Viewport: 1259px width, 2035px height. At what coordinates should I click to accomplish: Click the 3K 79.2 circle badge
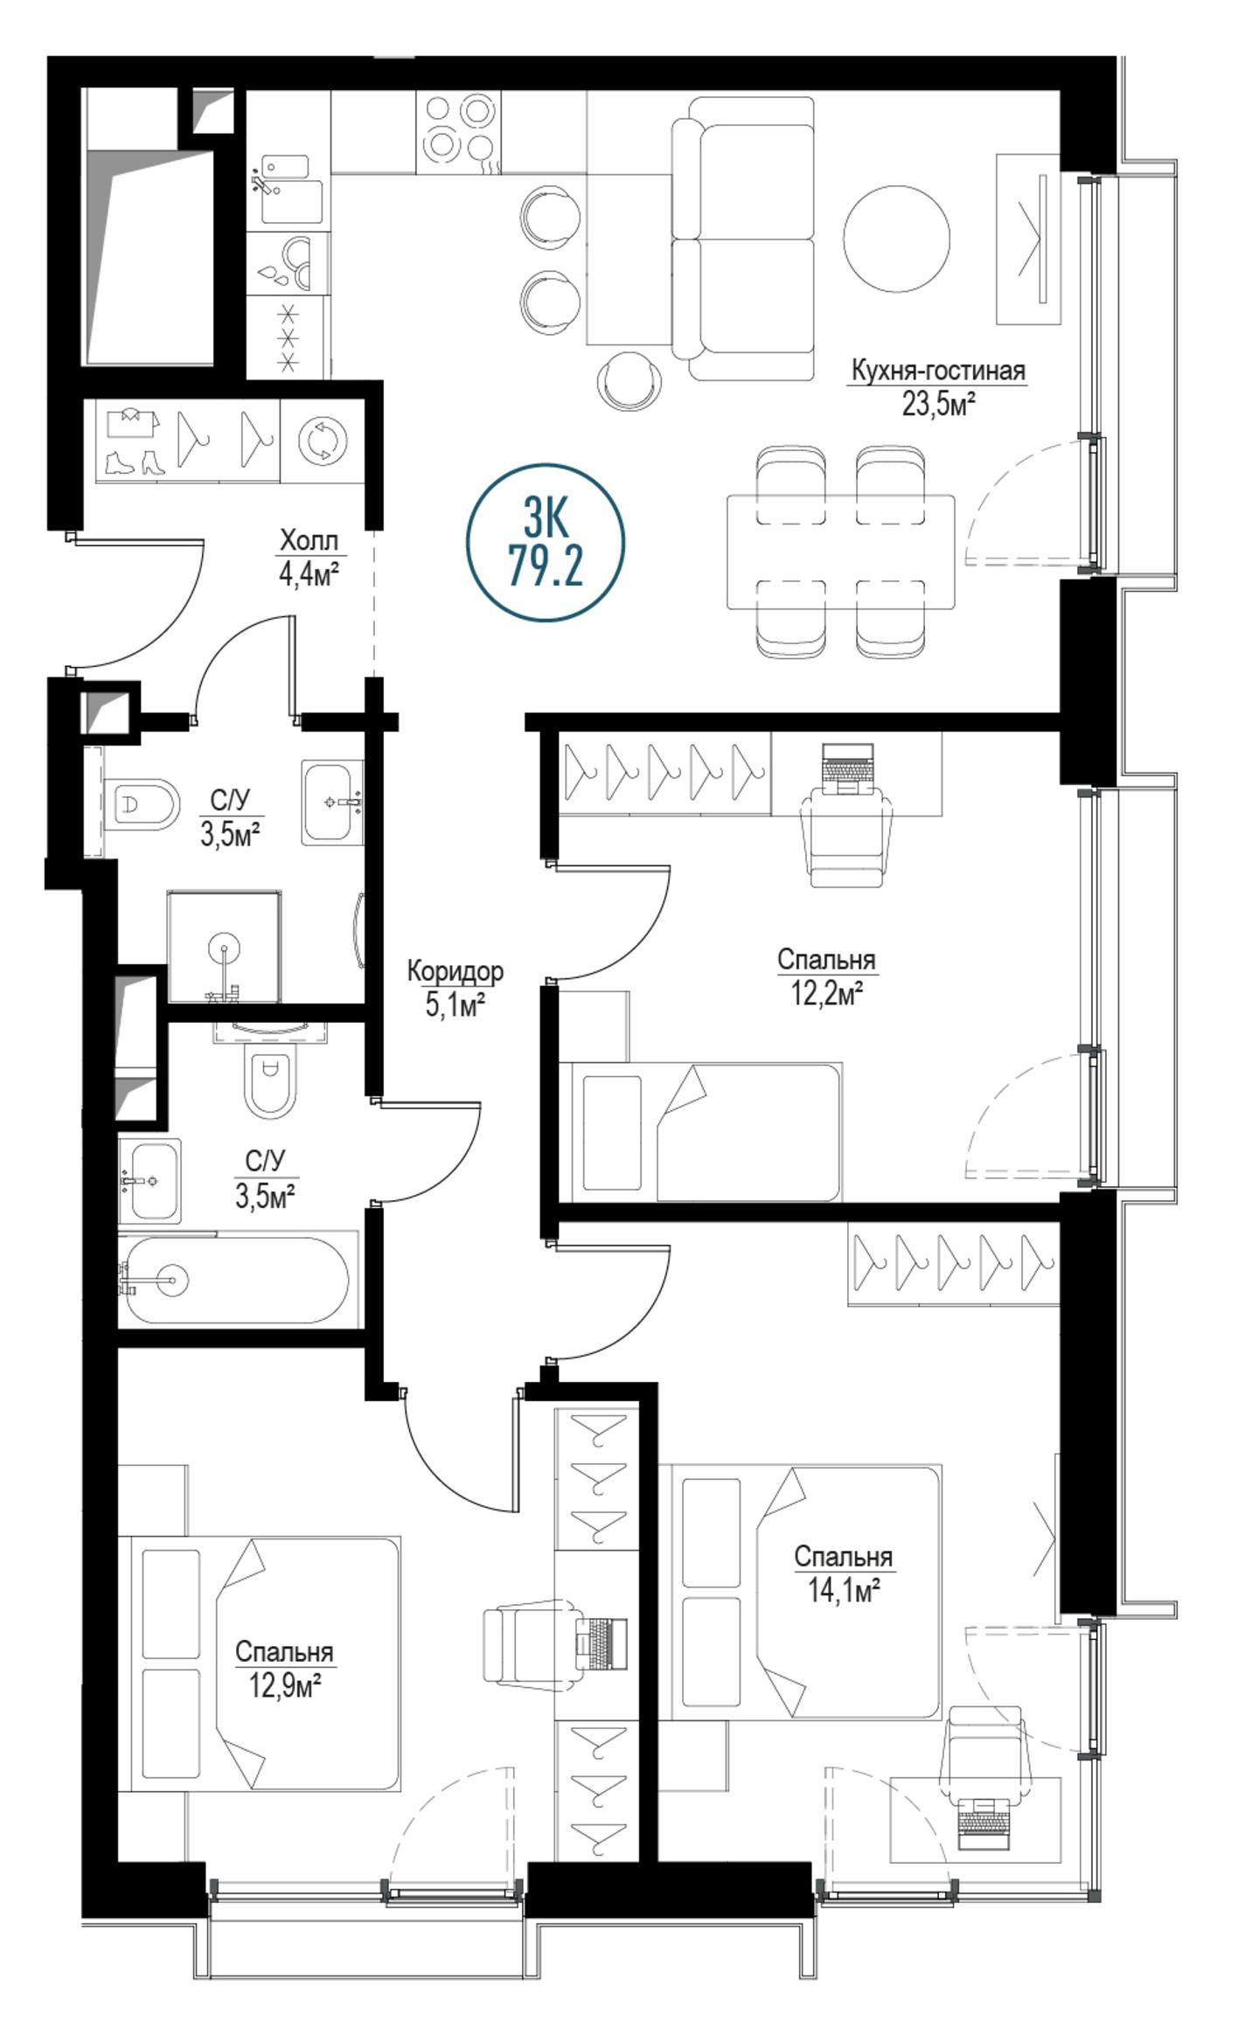[546, 542]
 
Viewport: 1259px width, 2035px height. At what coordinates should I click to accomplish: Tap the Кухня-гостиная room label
[938, 371]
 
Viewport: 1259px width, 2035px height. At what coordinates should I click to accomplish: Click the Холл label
[309, 540]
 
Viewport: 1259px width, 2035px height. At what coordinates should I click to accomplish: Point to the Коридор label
[456, 971]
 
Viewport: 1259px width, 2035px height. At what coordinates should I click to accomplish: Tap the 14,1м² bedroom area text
[843, 1591]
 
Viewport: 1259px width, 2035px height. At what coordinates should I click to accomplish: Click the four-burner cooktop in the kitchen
[458, 130]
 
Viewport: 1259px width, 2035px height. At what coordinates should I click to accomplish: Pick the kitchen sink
[285, 190]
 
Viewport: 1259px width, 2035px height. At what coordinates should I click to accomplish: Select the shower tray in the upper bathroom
[225, 947]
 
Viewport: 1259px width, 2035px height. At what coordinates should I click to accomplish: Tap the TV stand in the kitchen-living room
[1028, 239]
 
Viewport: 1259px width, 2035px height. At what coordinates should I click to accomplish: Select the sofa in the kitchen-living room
[743, 239]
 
